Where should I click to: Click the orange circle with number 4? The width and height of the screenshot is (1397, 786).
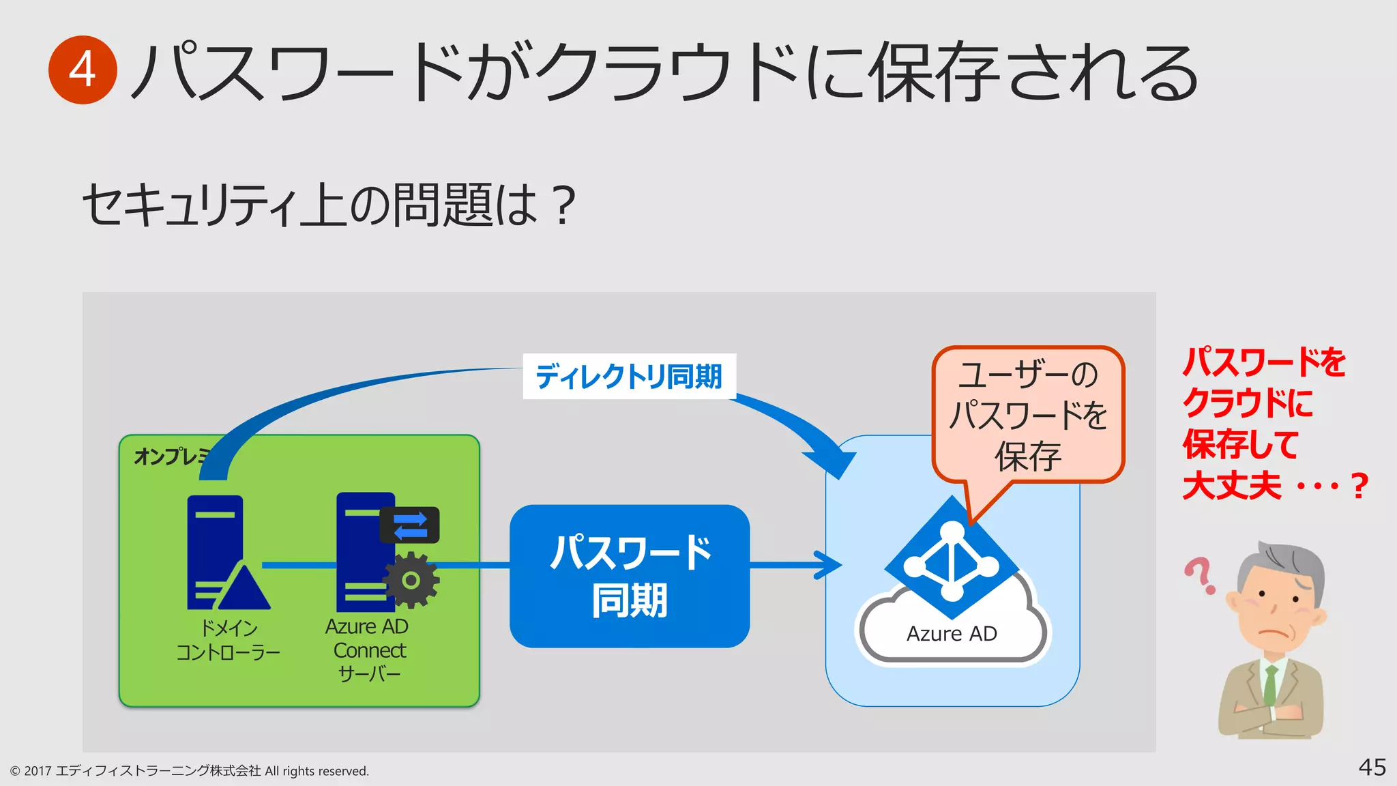[x=83, y=70]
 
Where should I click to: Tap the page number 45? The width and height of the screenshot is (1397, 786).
[x=1372, y=767]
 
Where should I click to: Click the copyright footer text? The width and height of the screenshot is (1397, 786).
[x=190, y=771]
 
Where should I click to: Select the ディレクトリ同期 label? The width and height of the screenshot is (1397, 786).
[x=629, y=377]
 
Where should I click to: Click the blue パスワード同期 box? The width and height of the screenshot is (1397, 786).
[x=629, y=577]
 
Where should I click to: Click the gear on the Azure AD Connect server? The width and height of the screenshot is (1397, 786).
[x=411, y=581]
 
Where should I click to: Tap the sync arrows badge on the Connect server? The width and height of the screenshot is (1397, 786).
[x=409, y=525]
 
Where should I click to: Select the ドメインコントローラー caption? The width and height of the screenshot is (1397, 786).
[x=228, y=640]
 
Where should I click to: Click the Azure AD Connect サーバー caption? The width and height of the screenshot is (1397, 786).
[x=368, y=650]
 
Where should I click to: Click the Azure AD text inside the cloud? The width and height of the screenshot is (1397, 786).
[x=952, y=634]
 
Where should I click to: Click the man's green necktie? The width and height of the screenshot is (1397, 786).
[x=1270, y=686]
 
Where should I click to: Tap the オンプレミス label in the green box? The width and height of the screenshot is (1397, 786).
[x=168, y=456]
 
